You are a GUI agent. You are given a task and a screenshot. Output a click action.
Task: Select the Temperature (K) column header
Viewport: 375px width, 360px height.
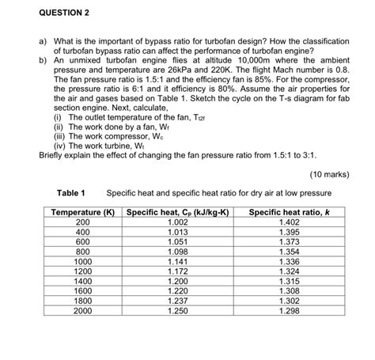[82, 212]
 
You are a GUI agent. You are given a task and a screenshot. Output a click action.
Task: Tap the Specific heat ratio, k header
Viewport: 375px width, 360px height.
[288, 212]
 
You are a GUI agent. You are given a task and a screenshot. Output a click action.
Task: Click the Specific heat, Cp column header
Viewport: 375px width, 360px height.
[177, 212]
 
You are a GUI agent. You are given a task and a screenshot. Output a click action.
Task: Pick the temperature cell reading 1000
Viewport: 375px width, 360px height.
[82, 261]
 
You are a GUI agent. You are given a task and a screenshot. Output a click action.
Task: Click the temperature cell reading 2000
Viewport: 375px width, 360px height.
[82, 311]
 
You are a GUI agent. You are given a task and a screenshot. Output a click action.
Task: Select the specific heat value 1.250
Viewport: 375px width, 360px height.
[177, 311]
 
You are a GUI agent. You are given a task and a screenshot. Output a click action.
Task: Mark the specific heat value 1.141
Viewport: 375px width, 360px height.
[177, 261]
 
